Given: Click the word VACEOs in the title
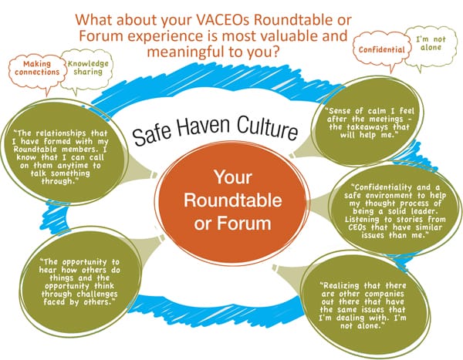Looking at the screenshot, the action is [x=223, y=20].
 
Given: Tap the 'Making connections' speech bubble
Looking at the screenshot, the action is [x=37, y=71].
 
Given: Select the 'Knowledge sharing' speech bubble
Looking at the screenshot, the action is [x=87, y=69].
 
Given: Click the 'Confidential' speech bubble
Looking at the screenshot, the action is [x=381, y=49].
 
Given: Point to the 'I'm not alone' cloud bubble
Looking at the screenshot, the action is [x=431, y=46].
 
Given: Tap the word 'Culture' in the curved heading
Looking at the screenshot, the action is [x=267, y=128].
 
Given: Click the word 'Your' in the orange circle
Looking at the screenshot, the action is [x=233, y=177].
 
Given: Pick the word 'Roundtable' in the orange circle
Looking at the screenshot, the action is [x=233, y=200].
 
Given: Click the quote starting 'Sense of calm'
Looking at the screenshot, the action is [x=370, y=123].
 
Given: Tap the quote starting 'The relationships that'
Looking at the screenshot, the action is [x=60, y=157].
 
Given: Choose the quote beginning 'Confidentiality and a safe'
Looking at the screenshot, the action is [x=395, y=211].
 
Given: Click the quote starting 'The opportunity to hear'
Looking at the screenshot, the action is [x=79, y=282].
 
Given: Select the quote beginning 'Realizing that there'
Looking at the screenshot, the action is [x=363, y=306].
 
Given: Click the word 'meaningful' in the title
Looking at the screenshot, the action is [x=185, y=52].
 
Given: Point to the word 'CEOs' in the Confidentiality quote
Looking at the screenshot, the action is [x=357, y=227].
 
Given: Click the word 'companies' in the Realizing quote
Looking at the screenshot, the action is [x=384, y=294].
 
